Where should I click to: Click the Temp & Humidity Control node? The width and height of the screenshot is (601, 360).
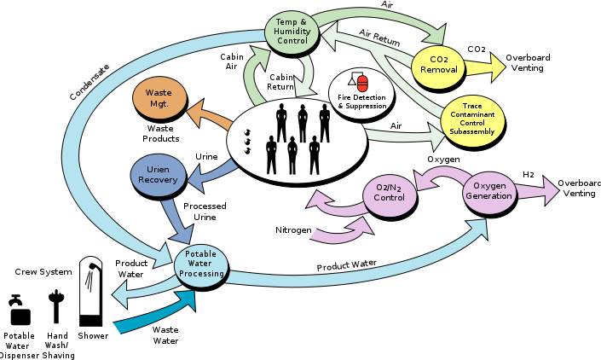[292, 33]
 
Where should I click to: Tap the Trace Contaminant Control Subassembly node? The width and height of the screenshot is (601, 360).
[472, 120]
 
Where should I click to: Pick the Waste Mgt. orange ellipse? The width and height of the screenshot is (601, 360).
[159, 98]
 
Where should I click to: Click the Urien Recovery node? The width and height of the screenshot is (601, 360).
[158, 175]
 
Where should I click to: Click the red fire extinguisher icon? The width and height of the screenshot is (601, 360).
[362, 83]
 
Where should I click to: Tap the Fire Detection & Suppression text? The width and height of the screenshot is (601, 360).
[361, 102]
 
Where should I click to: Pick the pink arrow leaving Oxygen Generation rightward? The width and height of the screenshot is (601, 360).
[538, 191]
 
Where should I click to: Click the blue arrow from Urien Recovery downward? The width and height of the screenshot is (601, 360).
[177, 221]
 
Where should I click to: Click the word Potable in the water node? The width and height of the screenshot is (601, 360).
[201, 253]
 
